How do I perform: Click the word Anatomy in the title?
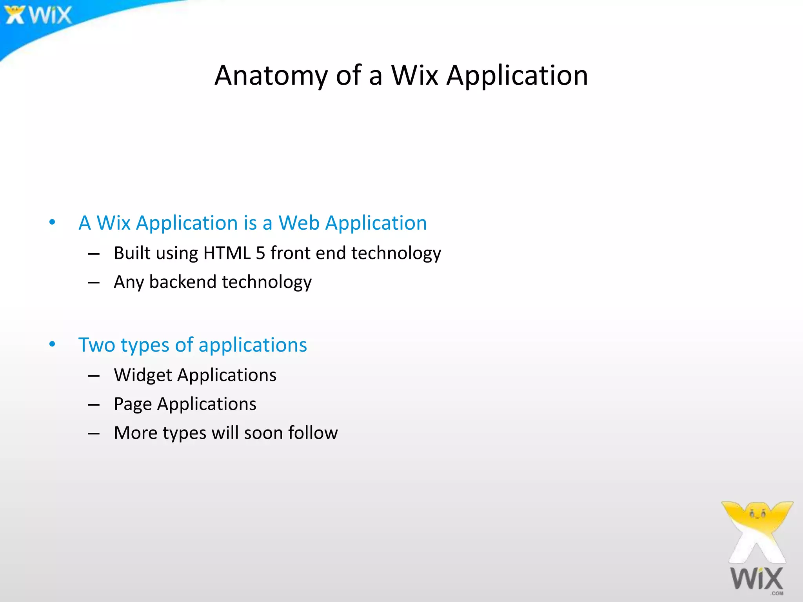[271, 75]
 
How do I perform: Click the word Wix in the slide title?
[414, 75]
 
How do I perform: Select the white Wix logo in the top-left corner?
[38, 15]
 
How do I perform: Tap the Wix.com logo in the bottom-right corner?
[757, 549]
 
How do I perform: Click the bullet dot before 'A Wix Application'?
[52, 223]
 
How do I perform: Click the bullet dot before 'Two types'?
[52, 345]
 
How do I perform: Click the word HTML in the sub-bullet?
[227, 253]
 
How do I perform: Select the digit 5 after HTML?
[260, 253]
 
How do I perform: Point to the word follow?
[313, 433]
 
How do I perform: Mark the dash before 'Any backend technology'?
[94, 283]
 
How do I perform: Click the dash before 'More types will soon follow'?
[94, 433]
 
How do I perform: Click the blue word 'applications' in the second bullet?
[253, 345]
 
